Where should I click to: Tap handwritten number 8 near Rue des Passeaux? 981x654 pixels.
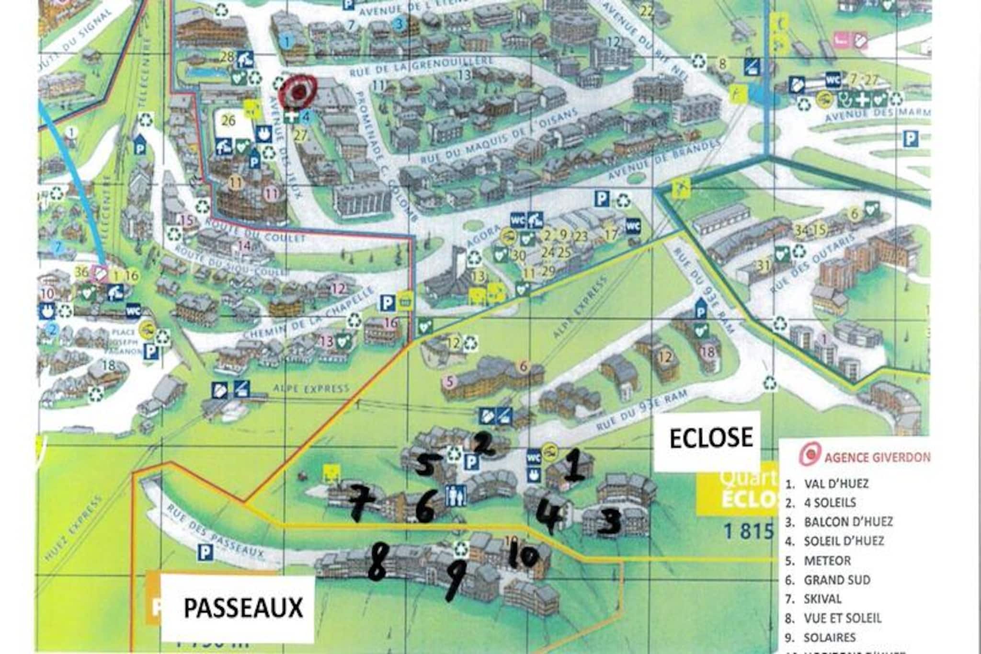[x=377, y=562]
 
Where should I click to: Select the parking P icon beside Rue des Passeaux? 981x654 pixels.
[x=205, y=553]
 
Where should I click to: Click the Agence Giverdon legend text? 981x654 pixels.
[x=876, y=457]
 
